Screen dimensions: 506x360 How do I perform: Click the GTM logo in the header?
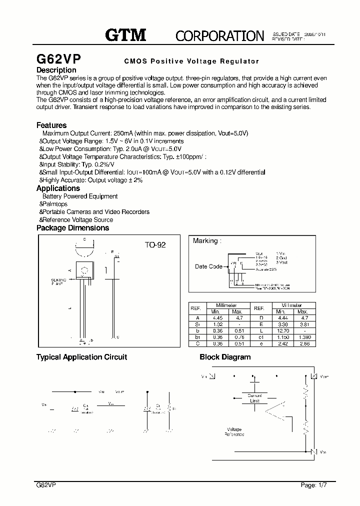(x=125, y=34)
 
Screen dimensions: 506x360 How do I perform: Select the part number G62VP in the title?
(x=59, y=58)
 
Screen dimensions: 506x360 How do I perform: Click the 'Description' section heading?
(x=56, y=70)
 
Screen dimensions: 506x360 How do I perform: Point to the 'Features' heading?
(x=51, y=125)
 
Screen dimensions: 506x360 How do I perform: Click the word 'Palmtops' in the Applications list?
(x=55, y=204)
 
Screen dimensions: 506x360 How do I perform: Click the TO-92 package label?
(x=155, y=245)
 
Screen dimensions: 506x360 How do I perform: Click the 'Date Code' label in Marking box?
(x=208, y=266)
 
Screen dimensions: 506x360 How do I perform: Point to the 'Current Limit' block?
(x=254, y=398)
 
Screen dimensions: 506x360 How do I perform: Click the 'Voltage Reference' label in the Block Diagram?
(x=234, y=431)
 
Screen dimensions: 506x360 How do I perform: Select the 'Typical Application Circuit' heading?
(x=81, y=357)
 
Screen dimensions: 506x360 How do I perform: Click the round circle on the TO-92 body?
(x=84, y=271)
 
